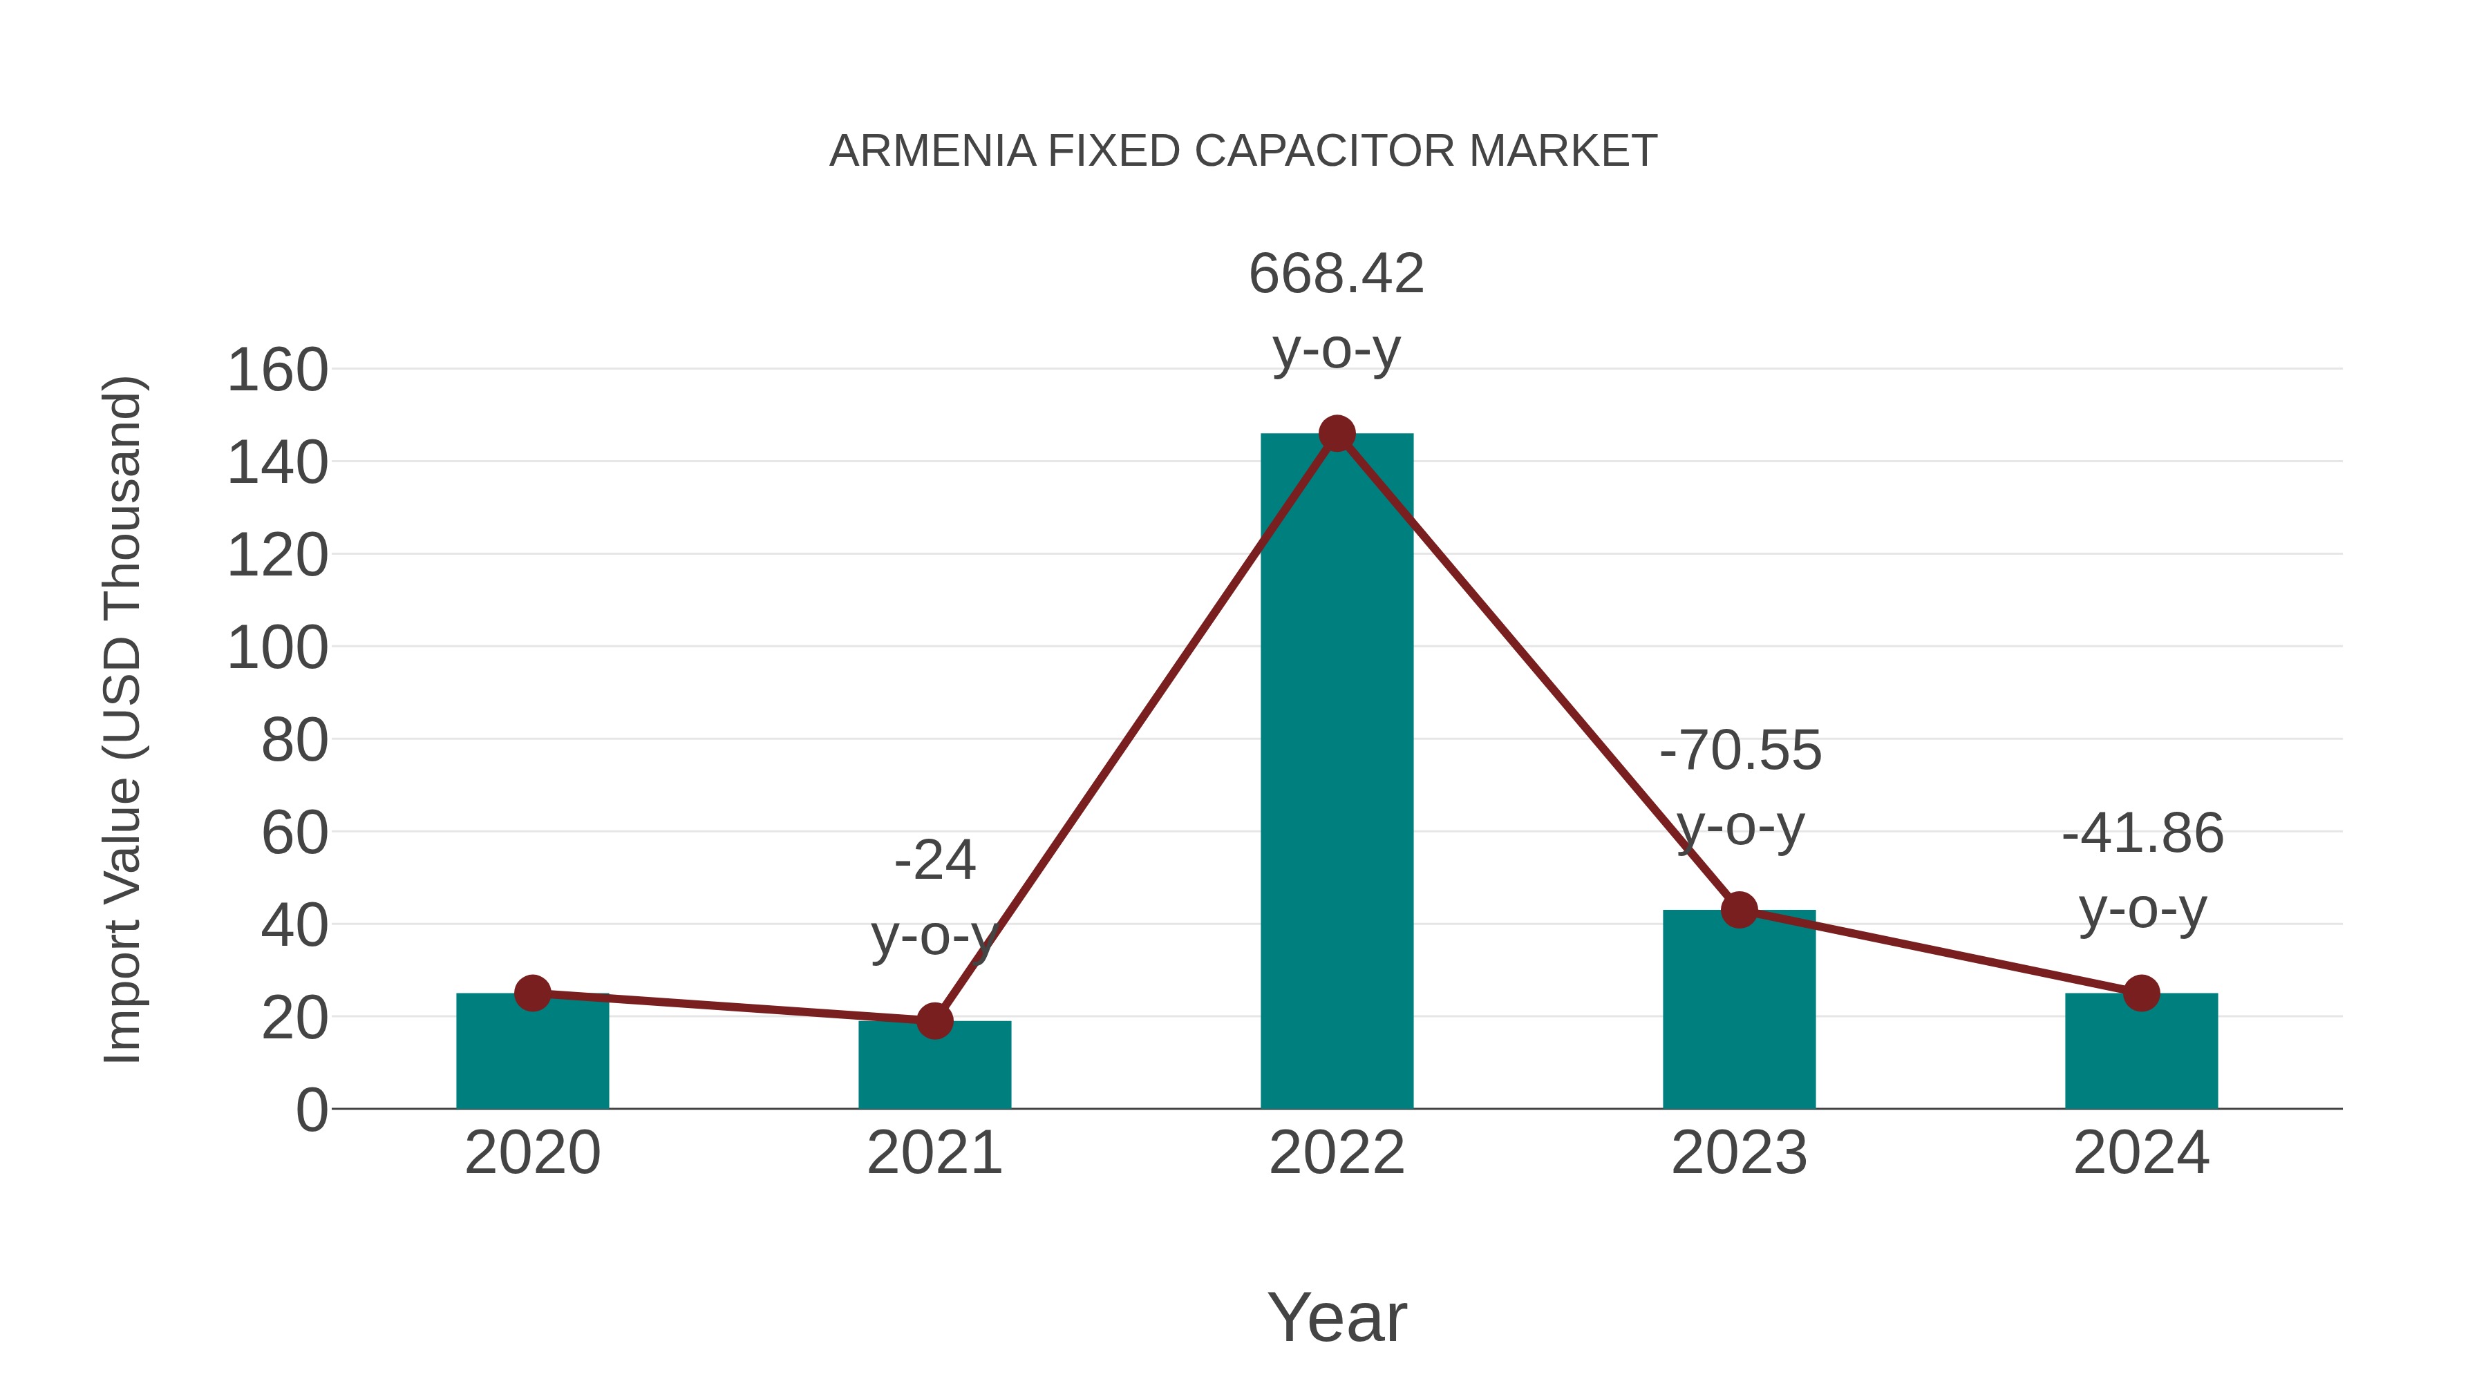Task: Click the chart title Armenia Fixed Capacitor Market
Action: tap(1243, 151)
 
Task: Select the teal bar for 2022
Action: tap(1337, 772)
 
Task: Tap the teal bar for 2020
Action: tap(532, 1052)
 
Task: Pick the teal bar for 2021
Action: tap(934, 1066)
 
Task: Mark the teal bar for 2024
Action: tap(2141, 1052)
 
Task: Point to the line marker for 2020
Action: tap(532, 993)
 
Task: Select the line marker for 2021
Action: tap(934, 1020)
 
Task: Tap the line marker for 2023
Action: tap(1739, 909)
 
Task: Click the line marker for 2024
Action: tap(2141, 993)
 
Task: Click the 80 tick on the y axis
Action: tap(294, 741)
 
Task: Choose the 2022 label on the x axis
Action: tap(1337, 1153)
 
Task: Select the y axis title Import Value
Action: tap(124, 719)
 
